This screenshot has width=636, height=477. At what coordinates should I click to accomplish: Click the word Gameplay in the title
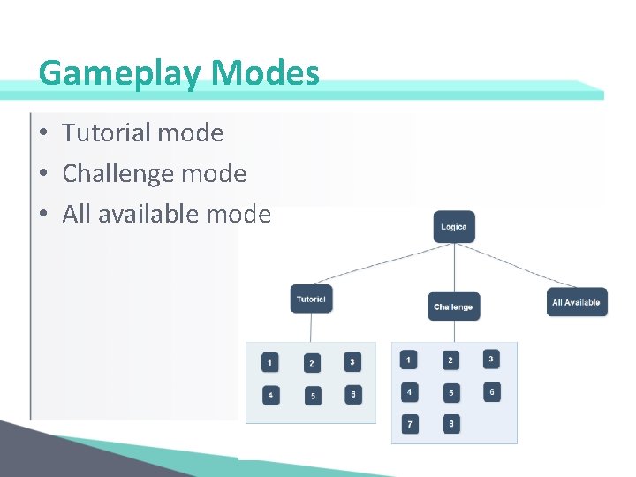tap(118, 73)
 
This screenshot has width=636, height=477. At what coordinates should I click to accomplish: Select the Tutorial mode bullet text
tap(142, 133)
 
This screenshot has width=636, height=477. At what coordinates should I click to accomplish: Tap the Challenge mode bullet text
tap(154, 174)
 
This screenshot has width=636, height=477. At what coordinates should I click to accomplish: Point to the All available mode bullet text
tap(166, 214)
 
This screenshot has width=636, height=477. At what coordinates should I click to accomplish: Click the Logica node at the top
tap(454, 227)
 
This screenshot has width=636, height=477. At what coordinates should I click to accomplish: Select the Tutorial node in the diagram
tap(311, 299)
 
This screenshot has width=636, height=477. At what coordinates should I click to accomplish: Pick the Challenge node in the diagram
tap(453, 307)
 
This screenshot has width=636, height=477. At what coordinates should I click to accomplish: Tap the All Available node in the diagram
tap(576, 302)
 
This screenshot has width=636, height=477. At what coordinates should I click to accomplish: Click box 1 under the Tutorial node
tap(269, 362)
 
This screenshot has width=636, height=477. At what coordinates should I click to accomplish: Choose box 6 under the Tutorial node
tap(353, 394)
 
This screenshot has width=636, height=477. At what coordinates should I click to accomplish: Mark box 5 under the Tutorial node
tap(312, 396)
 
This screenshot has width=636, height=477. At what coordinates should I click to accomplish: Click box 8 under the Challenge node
tap(450, 424)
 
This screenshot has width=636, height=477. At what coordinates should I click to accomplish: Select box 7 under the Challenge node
tap(409, 425)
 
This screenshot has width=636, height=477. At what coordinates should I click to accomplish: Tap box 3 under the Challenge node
tap(491, 359)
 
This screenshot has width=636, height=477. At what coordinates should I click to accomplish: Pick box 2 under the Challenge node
tap(450, 360)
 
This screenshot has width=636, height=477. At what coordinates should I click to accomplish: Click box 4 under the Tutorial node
tap(270, 395)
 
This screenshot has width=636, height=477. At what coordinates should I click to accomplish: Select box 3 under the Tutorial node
tap(352, 361)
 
